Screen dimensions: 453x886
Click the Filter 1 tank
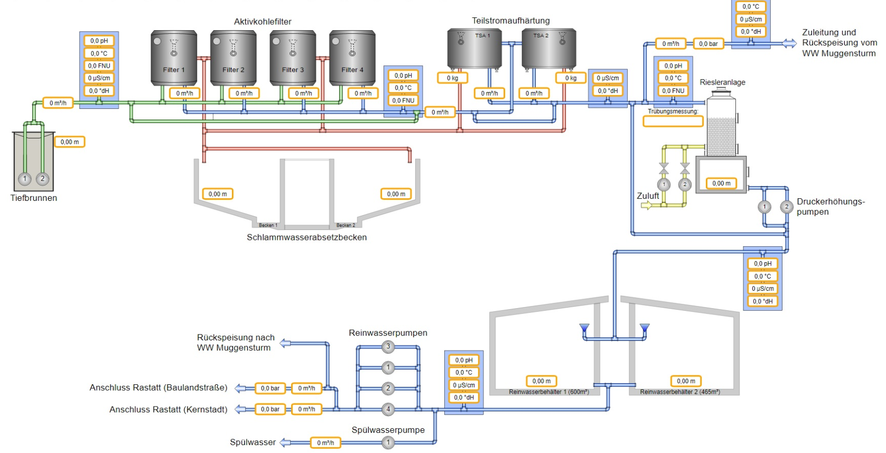(174, 58)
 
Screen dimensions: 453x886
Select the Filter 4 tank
(352, 58)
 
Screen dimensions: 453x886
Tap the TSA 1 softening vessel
(474, 48)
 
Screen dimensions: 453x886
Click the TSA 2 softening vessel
(549, 48)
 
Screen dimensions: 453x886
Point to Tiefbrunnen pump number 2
(43, 179)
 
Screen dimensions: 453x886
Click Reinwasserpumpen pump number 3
(388, 347)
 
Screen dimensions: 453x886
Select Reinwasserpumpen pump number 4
(388, 409)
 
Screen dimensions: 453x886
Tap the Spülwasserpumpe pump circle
(388, 442)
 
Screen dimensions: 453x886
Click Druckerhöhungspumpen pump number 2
(787, 207)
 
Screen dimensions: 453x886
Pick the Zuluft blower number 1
(664, 184)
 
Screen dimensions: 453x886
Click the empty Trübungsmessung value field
(673, 121)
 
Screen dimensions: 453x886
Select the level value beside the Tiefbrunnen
(69, 142)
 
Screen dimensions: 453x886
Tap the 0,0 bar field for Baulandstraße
(270, 388)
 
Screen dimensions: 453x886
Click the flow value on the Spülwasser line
(325, 443)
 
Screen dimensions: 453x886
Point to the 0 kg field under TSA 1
(453, 78)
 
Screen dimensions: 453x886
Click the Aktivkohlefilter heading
(263, 22)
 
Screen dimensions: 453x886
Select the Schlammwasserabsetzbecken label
(306, 237)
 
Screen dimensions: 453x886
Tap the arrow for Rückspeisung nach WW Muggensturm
(285, 343)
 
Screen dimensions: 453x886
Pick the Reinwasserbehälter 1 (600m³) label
(548, 392)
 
